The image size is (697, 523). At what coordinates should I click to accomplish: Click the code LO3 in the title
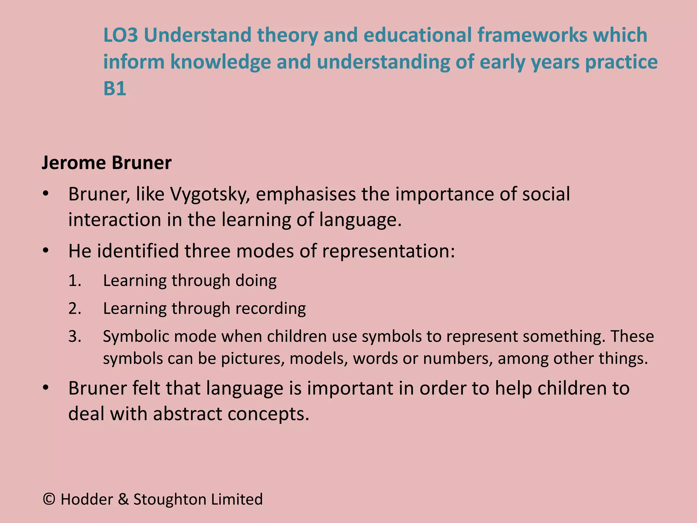pyautogui.click(x=120, y=35)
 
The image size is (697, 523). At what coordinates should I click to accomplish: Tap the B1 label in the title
pyautogui.click(x=115, y=89)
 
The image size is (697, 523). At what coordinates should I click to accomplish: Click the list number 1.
pyautogui.click(x=75, y=281)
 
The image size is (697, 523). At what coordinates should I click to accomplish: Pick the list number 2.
pyautogui.click(x=75, y=309)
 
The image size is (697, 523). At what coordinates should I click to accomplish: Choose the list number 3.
pyautogui.click(x=75, y=337)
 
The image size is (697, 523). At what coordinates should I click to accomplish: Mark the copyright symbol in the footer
pyautogui.click(x=49, y=500)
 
